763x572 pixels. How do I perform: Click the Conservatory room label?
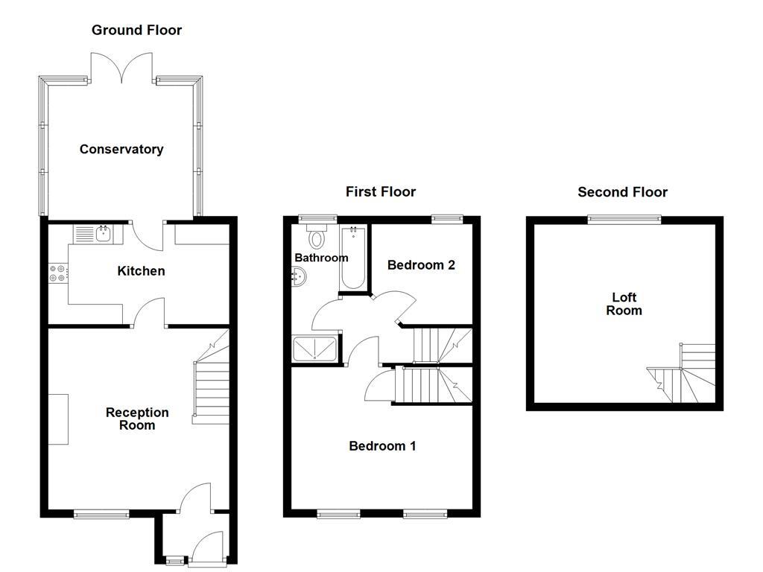coord(121,149)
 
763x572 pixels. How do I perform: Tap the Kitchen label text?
coord(141,270)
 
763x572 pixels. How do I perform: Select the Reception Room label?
coord(137,419)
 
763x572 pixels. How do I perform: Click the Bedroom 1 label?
coord(382,446)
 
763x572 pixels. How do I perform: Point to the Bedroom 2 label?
coord(421,264)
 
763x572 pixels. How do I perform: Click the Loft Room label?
coord(624,304)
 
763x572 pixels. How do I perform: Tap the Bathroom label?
coord(321,258)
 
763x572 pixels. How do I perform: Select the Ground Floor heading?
coord(136,30)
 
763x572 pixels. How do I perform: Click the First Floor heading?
coord(381,191)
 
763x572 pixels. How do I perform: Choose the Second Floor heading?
coord(623,191)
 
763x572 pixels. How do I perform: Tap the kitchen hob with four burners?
coord(57,273)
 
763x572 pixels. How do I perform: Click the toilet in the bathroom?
coord(317,238)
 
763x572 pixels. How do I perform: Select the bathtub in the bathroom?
coord(353,258)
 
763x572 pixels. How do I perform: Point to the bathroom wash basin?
coord(297,277)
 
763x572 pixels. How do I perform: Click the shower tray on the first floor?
coord(315,349)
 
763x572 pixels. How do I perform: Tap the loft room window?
coord(624,218)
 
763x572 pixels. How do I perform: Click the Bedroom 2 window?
coord(446,218)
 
